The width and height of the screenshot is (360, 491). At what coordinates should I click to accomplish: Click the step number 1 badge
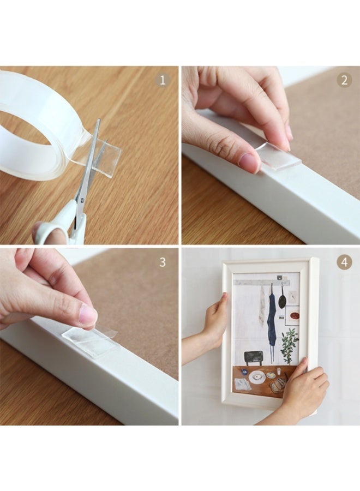[162, 81]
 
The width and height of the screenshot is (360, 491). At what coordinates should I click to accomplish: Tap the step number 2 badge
[344, 81]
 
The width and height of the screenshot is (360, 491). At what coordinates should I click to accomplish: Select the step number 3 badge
[162, 262]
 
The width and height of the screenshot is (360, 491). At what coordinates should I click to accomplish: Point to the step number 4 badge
[344, 262]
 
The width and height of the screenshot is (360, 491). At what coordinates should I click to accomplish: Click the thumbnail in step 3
[87, 315]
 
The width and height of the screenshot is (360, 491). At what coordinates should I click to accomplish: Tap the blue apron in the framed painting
[271, 322]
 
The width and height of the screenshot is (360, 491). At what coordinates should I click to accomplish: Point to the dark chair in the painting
[253, 357]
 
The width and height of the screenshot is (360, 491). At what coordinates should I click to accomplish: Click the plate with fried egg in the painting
[256, 376]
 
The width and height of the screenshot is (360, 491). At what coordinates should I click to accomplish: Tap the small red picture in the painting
[293, 315]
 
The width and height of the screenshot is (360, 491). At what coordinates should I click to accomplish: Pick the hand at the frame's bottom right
[303, 390]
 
